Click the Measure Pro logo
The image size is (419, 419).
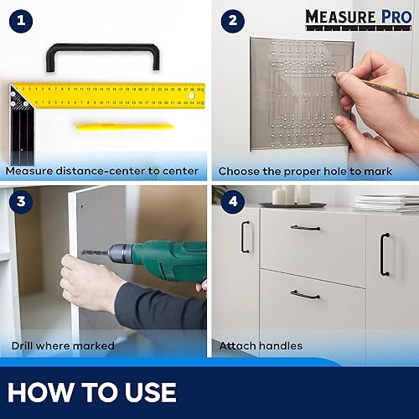[x=360, y=17]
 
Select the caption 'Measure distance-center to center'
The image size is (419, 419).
[x=102, y=171]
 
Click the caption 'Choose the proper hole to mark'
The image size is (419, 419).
[x=306, y=171]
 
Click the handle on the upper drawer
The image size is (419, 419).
[x=305, y=227]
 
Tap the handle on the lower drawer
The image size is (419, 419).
[x=305, y=294]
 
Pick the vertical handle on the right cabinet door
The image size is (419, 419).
[x=385, y=254]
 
